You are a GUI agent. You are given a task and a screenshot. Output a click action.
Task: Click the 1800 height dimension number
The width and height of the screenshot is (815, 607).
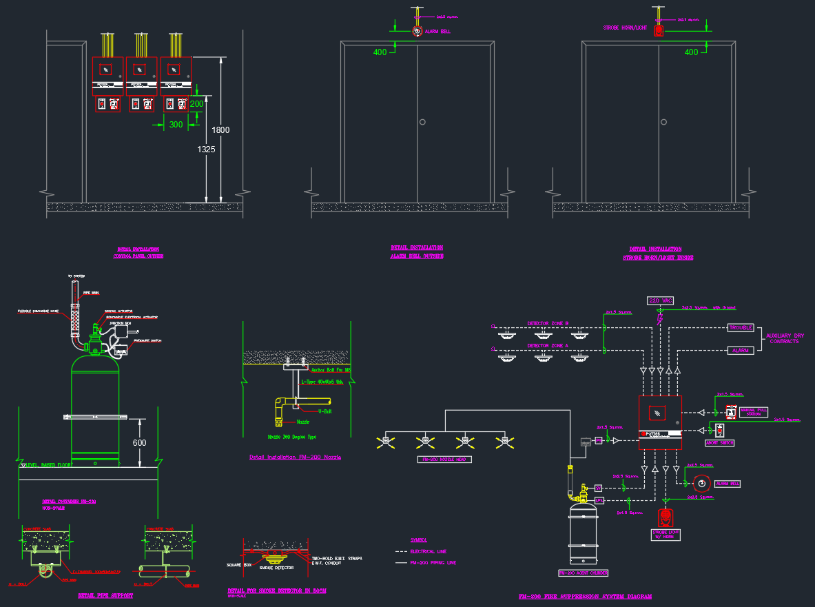(220, 130)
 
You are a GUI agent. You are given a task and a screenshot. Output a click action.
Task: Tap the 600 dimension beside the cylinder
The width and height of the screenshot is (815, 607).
(140, 442)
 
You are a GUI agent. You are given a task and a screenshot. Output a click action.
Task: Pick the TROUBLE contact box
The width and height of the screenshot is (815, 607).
(741, 328)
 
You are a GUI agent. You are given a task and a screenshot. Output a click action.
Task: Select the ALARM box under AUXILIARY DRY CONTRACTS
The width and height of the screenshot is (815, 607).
(741, 350)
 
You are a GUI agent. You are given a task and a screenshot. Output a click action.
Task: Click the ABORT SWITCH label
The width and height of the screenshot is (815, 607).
(719, 443)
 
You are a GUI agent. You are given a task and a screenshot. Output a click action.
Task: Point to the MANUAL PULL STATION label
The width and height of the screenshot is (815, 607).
(754, 412)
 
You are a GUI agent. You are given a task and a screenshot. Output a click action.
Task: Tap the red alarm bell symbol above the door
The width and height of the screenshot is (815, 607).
(416, 31)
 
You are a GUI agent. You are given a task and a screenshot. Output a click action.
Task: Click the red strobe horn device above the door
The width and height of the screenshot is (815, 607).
(659, 31)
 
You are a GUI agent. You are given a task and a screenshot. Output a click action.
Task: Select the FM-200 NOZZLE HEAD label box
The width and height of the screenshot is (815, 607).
(444, 459)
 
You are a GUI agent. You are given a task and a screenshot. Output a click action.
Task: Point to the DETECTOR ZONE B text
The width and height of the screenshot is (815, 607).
(548, 323)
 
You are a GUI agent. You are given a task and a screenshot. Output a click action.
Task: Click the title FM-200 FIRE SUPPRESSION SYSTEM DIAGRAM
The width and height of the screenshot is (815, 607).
(584, 597)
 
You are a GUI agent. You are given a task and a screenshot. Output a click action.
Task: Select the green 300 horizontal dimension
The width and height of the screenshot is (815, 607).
(176, 125)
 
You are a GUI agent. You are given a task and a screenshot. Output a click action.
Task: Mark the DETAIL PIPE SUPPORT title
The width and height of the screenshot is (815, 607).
(105, 595)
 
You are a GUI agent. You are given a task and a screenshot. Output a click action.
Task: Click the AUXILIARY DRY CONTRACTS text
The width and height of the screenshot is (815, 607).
(785, 338)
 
